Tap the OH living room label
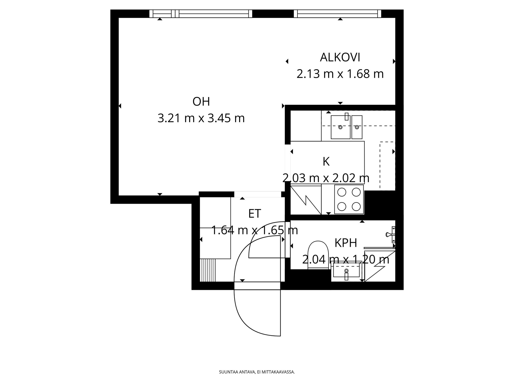[201, 102]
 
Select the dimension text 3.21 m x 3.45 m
[201, 118]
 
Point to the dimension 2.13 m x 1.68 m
[340, 74]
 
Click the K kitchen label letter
[326, 162]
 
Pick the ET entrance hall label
[255, 214]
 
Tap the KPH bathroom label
[346, 243]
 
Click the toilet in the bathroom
[318, 255]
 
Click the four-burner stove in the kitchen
[349, 199]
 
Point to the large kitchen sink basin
[341, 127]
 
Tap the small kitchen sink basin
[357, 127]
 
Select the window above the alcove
[337, 14]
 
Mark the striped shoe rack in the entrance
[208, 270]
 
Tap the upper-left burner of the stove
[342, 192]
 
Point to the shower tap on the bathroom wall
[391, 234]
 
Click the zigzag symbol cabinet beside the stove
[306, 200]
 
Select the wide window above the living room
[201, 14]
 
